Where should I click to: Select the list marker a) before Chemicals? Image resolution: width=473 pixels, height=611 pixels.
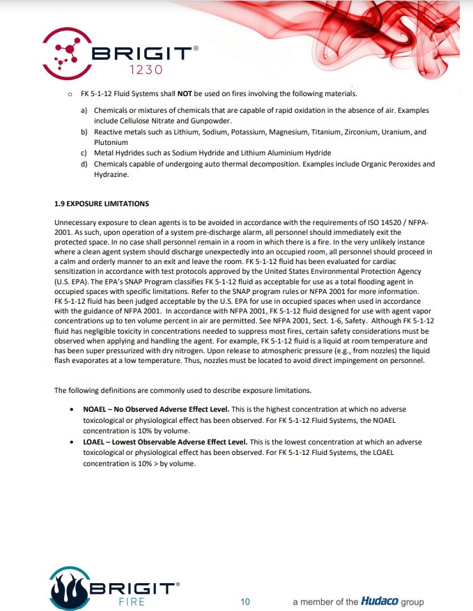point(84,111)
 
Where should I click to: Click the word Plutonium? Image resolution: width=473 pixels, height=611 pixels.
point(111,142)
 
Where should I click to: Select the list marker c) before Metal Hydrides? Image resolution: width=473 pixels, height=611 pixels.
point(84,153)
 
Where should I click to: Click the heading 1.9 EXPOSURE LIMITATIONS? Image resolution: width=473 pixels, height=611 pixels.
point(102,203)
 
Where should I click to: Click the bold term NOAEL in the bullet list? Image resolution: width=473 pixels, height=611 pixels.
point(95,409)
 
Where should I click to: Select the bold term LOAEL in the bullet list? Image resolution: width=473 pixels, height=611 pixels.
point(95,442)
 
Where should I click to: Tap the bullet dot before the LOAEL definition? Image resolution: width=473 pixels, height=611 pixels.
point(73,442)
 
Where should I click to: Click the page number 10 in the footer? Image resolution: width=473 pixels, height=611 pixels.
point(245,601)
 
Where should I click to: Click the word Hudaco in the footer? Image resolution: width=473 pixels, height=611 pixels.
point(379,601)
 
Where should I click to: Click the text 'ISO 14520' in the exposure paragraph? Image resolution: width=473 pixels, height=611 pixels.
point(385,222)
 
